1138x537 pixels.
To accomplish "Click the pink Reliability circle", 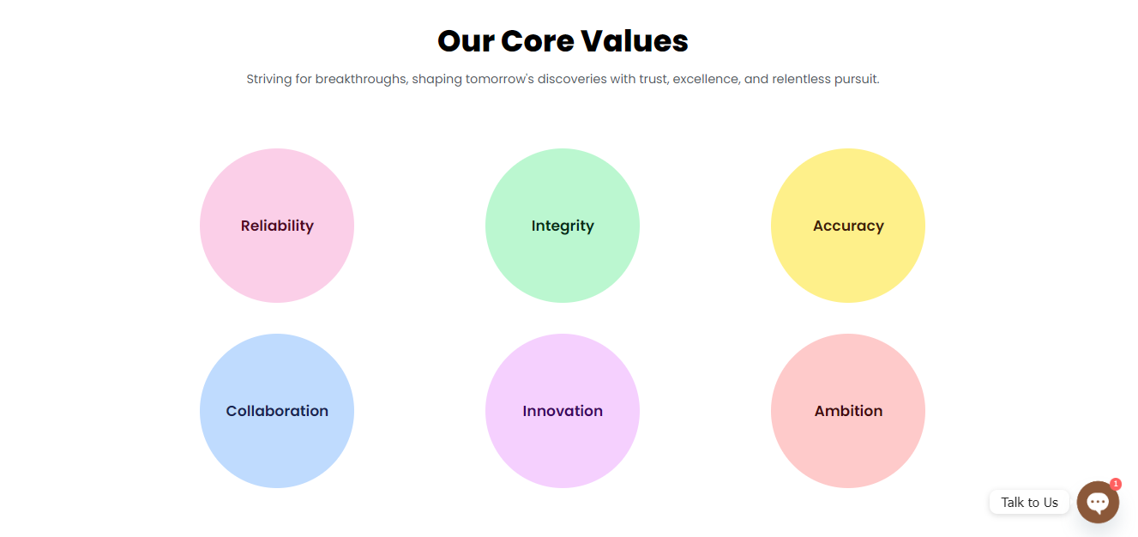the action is (277, 226).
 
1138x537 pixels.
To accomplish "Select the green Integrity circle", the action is (563, 226).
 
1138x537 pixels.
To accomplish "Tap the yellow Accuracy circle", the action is (848, 226).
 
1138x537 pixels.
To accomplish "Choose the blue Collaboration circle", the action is (277, 411).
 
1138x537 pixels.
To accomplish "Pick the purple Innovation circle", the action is (563, 411).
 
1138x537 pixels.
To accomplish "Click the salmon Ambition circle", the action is (848, 411).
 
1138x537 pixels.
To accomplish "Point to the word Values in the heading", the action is (635, 41).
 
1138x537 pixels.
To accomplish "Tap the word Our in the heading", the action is (466, 41).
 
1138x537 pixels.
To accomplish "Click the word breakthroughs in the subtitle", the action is (362, 79).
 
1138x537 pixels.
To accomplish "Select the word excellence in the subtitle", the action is (706, 79).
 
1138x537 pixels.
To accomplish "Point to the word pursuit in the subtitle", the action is (857, 80).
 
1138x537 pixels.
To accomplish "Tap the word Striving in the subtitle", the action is (269, 80).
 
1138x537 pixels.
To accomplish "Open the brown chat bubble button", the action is (1098, 502).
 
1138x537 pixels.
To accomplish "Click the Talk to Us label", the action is (1029, 502).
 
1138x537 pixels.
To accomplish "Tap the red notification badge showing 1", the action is (1116, 484).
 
